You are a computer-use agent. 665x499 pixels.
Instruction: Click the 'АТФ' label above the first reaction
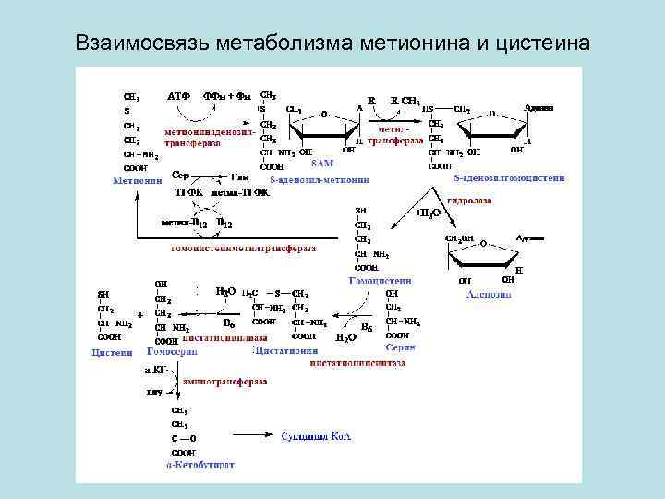(x=179, y=95)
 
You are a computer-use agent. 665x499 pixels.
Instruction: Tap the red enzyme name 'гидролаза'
(x=468, y=200)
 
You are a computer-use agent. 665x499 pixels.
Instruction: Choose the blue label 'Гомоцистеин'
(x=380, y=280)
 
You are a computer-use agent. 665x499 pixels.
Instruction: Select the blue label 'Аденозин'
(x=489, y=294)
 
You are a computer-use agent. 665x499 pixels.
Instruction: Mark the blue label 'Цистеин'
(x=112, y=351)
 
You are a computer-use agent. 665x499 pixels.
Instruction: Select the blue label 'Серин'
(x=401, y=347)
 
